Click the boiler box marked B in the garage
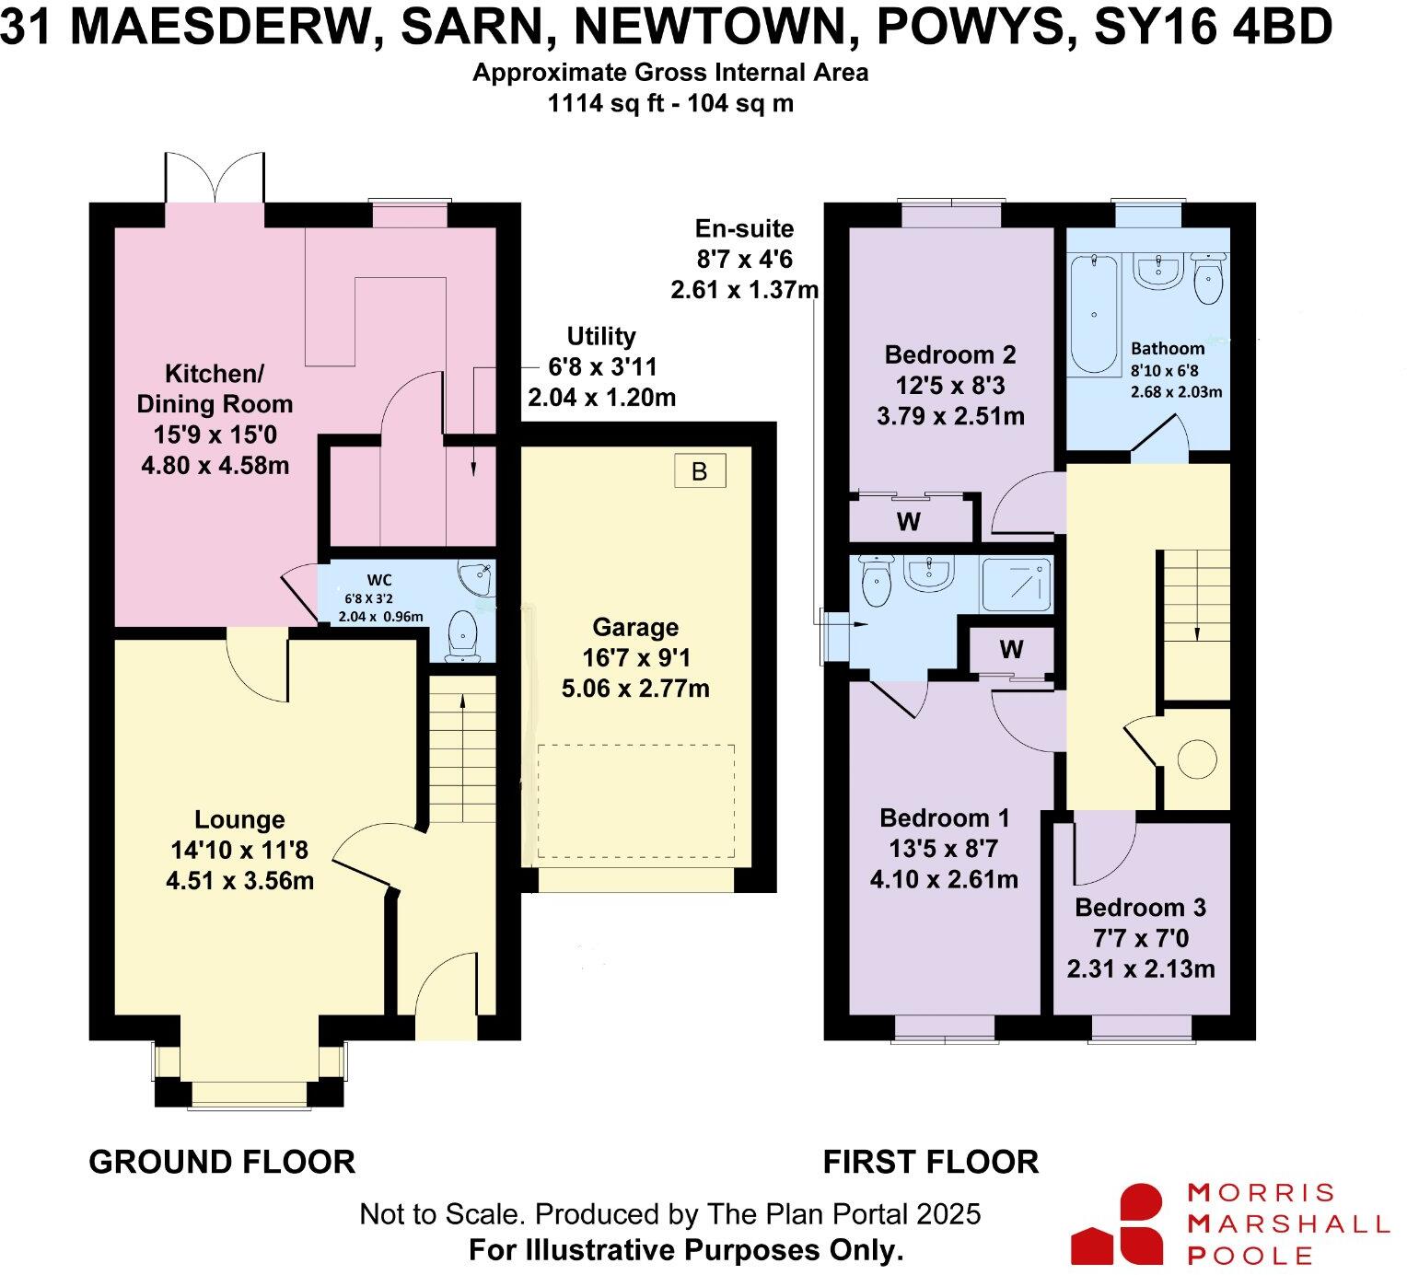click(x=699, y=471)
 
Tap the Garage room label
click(x=635, y=628)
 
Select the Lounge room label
click(x=239, y=819)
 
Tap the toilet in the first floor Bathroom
click(x=1207, y=277)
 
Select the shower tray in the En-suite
click(x=1017, y=585)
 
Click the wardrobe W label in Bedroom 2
click(x=908, y=522)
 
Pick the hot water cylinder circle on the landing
click(x=1197, y=759)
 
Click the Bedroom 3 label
click(x=1140, y=908)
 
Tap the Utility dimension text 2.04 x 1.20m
click(x=601, y=398)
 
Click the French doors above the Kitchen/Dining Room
click(x=215, y=180)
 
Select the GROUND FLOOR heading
click(x=222, y=1162)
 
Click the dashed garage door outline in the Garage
click(x=635, y=801)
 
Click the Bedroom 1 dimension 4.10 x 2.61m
click(x=944, y=879)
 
